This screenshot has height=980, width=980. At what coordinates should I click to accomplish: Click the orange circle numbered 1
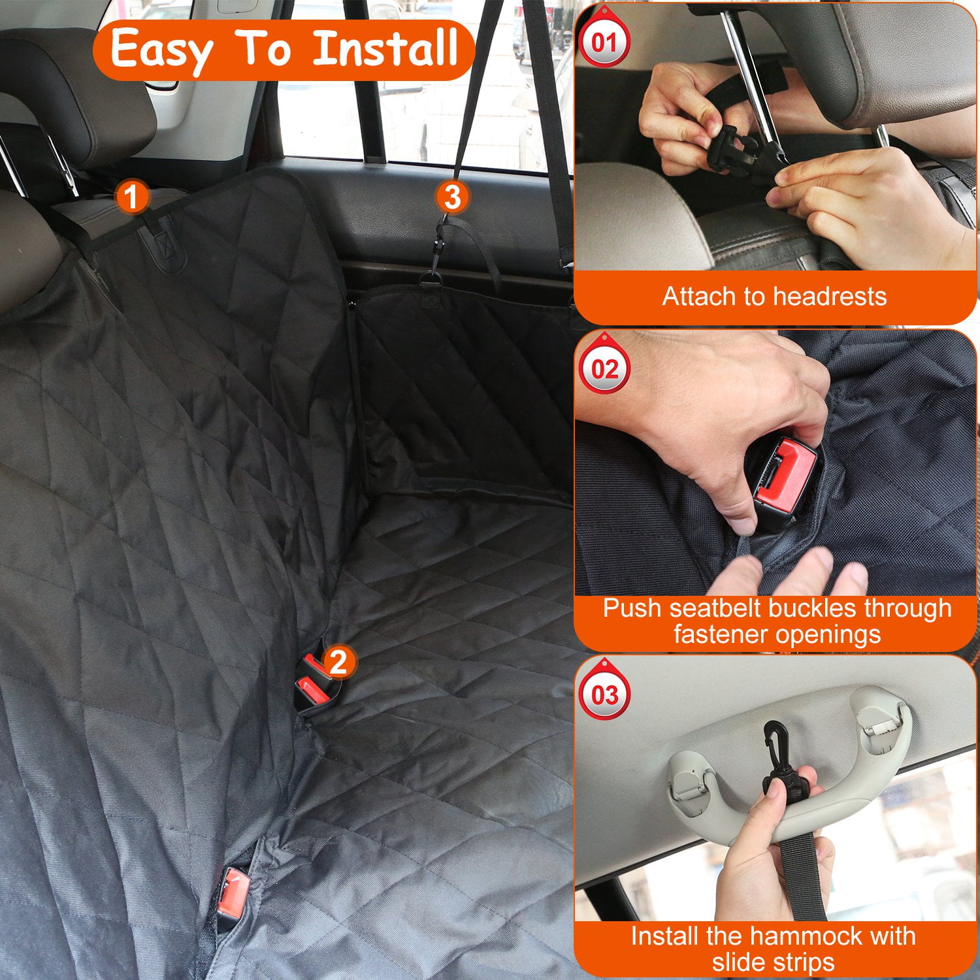point(131,196)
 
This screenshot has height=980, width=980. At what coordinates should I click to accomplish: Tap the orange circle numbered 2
point(338,662)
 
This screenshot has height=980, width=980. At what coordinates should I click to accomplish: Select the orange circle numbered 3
point(452,197)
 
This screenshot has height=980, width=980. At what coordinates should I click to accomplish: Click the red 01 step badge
point(604,43)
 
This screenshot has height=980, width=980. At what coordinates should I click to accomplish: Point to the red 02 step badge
point(604,369)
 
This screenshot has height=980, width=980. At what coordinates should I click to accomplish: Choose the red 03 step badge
point(604,694)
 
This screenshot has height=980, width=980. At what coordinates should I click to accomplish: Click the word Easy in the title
point(161,50)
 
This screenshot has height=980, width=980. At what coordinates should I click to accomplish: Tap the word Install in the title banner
point(385,48)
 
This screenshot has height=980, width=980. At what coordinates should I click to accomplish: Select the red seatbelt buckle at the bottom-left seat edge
point(233,890)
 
